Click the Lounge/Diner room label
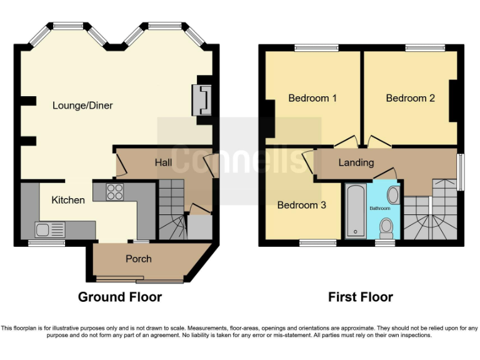(82, 105)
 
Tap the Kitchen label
(68, 200)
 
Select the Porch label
(138, 259)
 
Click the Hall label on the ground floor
(163, 162)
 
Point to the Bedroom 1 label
(312, 98)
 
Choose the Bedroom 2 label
(410, 98)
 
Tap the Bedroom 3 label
(301, 205)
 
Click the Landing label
(356, 162)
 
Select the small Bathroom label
(379, 208)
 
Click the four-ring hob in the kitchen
(115, 192)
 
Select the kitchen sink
(47, 230)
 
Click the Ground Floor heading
(119, 297)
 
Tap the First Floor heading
(361, 297)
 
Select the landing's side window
(461, 170)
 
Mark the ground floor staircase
(172, 209)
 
